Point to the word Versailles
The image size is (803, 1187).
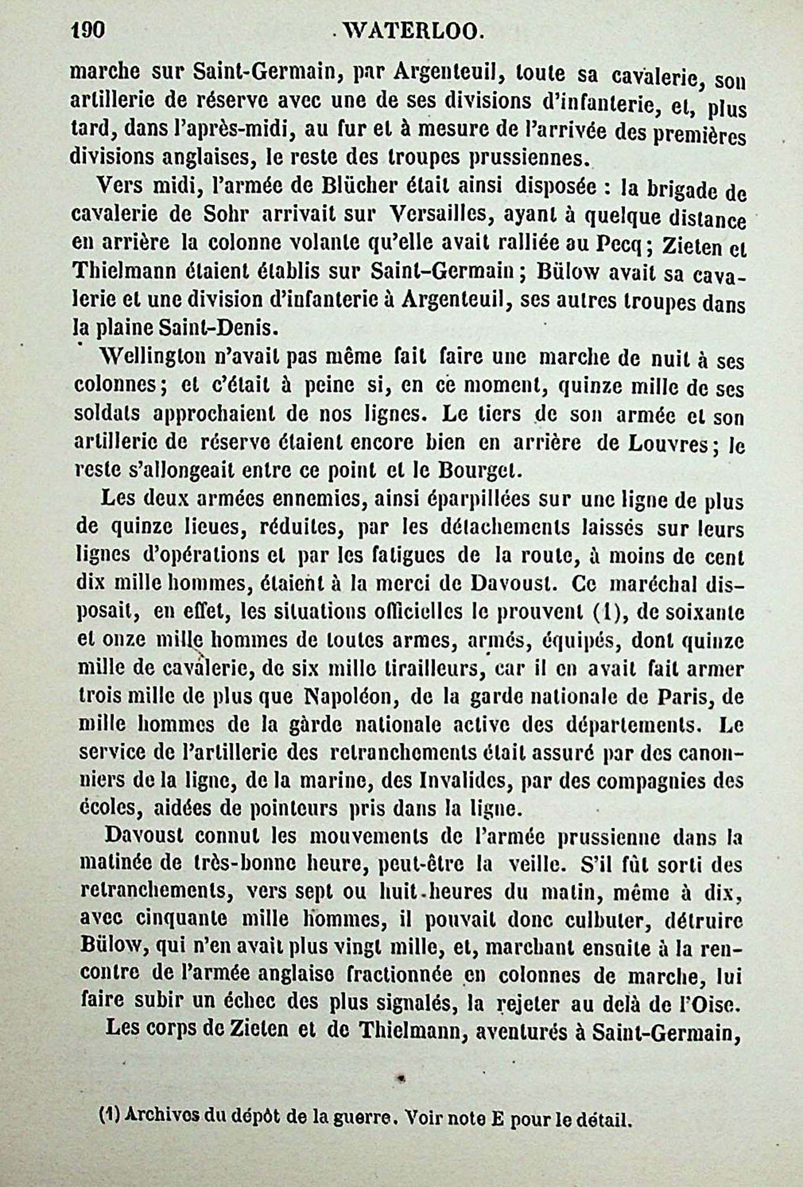click(x=439, y=215)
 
